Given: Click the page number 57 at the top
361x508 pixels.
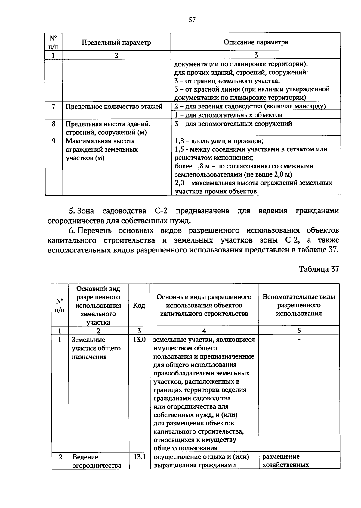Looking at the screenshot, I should pos(192,20).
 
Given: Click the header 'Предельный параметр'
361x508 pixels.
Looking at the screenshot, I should pos(116,42).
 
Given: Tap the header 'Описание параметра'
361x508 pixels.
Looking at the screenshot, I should pos(255,42).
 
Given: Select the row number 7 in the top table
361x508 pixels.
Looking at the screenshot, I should pos(53,106).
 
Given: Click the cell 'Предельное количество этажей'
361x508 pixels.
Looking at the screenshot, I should pos(114,107).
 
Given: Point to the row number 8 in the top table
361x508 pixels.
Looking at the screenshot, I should pos(53,124).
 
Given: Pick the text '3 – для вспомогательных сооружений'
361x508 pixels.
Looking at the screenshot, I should pos(233,124).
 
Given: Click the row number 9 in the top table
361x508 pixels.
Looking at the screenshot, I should pos(53,141).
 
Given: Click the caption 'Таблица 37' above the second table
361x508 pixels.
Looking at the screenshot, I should pos(319,269).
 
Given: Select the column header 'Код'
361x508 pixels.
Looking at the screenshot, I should pos(139,305).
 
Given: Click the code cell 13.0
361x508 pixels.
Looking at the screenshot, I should pos(139,340).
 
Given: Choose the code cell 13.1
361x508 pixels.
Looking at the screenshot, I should pos(139,456).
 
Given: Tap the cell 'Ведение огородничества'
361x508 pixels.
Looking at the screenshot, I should pos(97,461).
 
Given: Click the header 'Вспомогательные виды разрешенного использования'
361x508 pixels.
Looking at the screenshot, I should pos(299,305).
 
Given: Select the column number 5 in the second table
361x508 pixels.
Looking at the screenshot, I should pos(299,331).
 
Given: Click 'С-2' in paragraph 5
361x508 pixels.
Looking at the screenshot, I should pos(159,211).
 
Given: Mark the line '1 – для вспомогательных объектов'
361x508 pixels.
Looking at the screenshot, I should pos(228,115).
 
